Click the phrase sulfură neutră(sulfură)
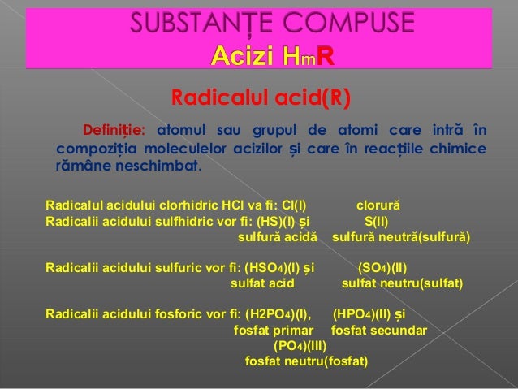pyautogui.click(x=401, y=238)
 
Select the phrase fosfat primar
pyautogui.click(x=274, y=331)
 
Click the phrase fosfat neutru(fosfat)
pyautogui.click(x=306, y=361)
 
